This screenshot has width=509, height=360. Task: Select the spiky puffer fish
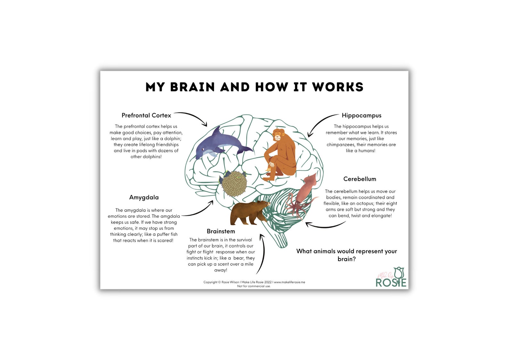234,184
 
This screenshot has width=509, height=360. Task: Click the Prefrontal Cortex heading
146,115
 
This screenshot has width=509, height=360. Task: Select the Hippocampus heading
361,115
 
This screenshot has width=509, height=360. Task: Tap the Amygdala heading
144,197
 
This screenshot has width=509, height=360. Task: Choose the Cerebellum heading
360,179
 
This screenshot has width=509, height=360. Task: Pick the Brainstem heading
221,231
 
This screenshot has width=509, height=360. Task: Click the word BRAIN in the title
192,87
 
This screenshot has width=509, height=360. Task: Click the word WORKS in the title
338,87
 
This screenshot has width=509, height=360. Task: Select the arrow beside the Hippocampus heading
321,123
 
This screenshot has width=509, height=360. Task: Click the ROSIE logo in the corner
391,278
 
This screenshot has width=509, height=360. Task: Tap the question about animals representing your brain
346,255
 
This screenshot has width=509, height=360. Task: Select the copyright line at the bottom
254,282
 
